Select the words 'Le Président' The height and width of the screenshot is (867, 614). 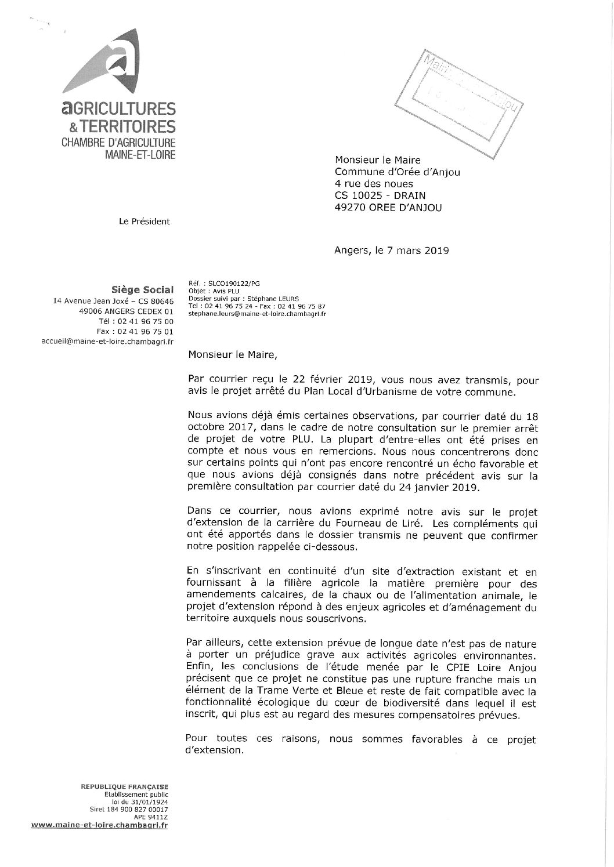(x=145, y=221)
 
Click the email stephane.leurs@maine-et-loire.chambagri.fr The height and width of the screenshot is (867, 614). (x=257, y=313)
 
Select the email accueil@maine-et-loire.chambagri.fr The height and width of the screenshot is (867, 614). (x=108, y=342)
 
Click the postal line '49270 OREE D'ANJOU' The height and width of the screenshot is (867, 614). (x=388, y=208)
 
